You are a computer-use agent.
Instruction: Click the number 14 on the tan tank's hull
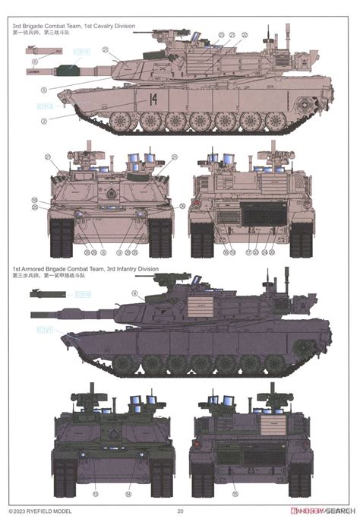tap(154, 97)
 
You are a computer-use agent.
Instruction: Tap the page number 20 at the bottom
tap(180, 511)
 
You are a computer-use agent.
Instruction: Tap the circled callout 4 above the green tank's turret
tap(134, 293)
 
